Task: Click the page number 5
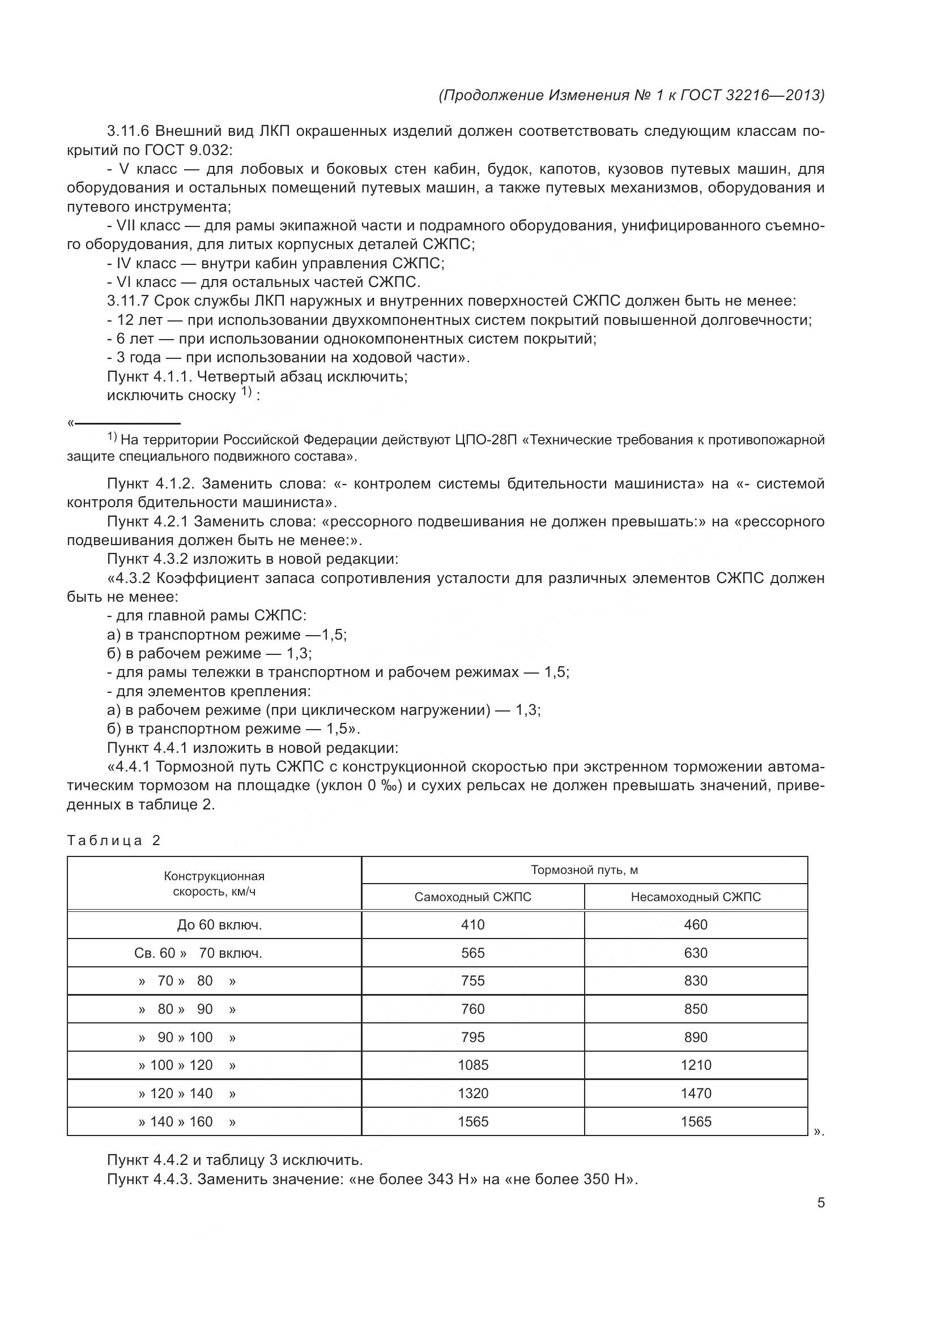820,1202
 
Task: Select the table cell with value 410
472,924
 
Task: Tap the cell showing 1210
695,1065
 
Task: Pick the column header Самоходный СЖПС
472,897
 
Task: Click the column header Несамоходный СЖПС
695,897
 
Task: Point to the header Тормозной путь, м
584,869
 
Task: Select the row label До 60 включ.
219,925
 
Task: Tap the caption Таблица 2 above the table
114,840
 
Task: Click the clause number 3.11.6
128,131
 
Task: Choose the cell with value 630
695,953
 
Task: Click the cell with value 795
472,1037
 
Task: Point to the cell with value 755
472,980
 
